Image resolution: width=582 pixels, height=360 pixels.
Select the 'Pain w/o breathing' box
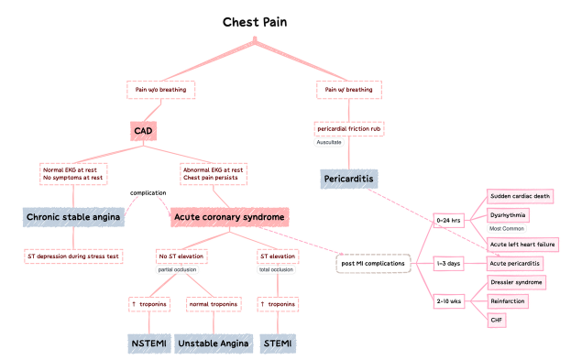[161, 90]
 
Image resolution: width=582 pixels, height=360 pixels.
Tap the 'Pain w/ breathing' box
[349, 90]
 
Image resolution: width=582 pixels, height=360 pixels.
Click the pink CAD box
[143, 131]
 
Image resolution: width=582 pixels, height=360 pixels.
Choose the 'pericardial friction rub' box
[349, 129]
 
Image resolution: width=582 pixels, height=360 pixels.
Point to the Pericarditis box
[349, 179]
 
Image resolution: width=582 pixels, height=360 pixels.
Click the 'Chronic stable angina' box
[72, 217]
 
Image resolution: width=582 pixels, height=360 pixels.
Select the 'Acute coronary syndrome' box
[230, 217]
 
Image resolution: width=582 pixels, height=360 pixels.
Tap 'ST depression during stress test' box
[72, 256]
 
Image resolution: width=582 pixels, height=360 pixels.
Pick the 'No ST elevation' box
[180, 256]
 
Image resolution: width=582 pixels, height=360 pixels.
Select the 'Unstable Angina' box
[213, 344]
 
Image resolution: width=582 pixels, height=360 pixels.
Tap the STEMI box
[278, 344]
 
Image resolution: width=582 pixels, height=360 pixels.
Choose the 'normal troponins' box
[213, 303]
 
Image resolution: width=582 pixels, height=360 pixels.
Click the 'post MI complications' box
[371, 264]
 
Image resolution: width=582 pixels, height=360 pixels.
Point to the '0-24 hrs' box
[449, 221]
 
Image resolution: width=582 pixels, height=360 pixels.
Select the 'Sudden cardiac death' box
[520, 196]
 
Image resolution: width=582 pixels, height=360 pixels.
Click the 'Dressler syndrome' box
[517, 283]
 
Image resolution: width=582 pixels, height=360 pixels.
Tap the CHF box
[497, 320]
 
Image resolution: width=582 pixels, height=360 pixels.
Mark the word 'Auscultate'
[329, 143]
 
